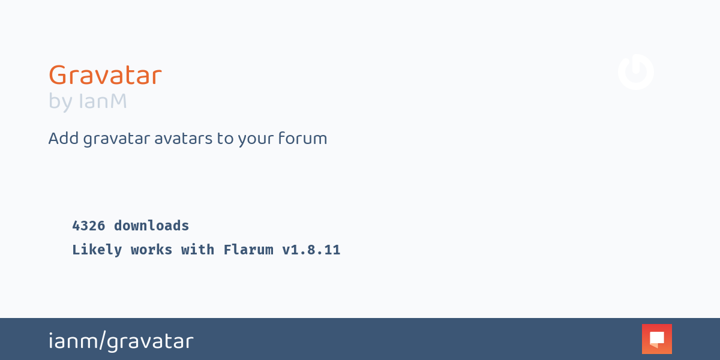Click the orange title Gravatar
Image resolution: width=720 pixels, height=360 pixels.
click(x=105, y=75)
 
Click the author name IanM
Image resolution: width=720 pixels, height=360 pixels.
click(x=103, y=101)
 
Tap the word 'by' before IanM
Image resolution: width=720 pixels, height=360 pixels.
click(x=61, y=102)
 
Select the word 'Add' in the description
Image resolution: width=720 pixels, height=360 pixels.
click(x=64, y=139)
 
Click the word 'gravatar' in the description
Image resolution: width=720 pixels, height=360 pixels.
click(x=116, y=139)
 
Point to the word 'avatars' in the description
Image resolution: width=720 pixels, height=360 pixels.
click(x=183, y=139)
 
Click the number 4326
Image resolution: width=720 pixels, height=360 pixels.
click(x=89, y=226)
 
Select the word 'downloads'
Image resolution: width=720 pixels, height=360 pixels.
click(x=151, y=226)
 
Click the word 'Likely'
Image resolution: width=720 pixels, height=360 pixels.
click(x=97, y=250)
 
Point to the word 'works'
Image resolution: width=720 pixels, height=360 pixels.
click(x=151, y=250)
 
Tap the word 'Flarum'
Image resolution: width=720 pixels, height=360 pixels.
click(x=248, y=250)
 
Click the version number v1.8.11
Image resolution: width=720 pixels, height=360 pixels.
click(x=311, y=250)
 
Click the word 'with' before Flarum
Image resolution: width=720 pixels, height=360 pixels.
click(x=197, y=250)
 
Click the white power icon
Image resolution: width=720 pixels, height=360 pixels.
click(x=636, y=72)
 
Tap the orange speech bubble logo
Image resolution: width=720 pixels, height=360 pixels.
click(x=657, y=339)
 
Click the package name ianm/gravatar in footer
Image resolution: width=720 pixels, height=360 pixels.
click(x=121, y=341)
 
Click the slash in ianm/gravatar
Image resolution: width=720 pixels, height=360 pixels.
click(x=103, y=340)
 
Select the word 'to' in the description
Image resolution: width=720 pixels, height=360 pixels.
click(x=224, y=139)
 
